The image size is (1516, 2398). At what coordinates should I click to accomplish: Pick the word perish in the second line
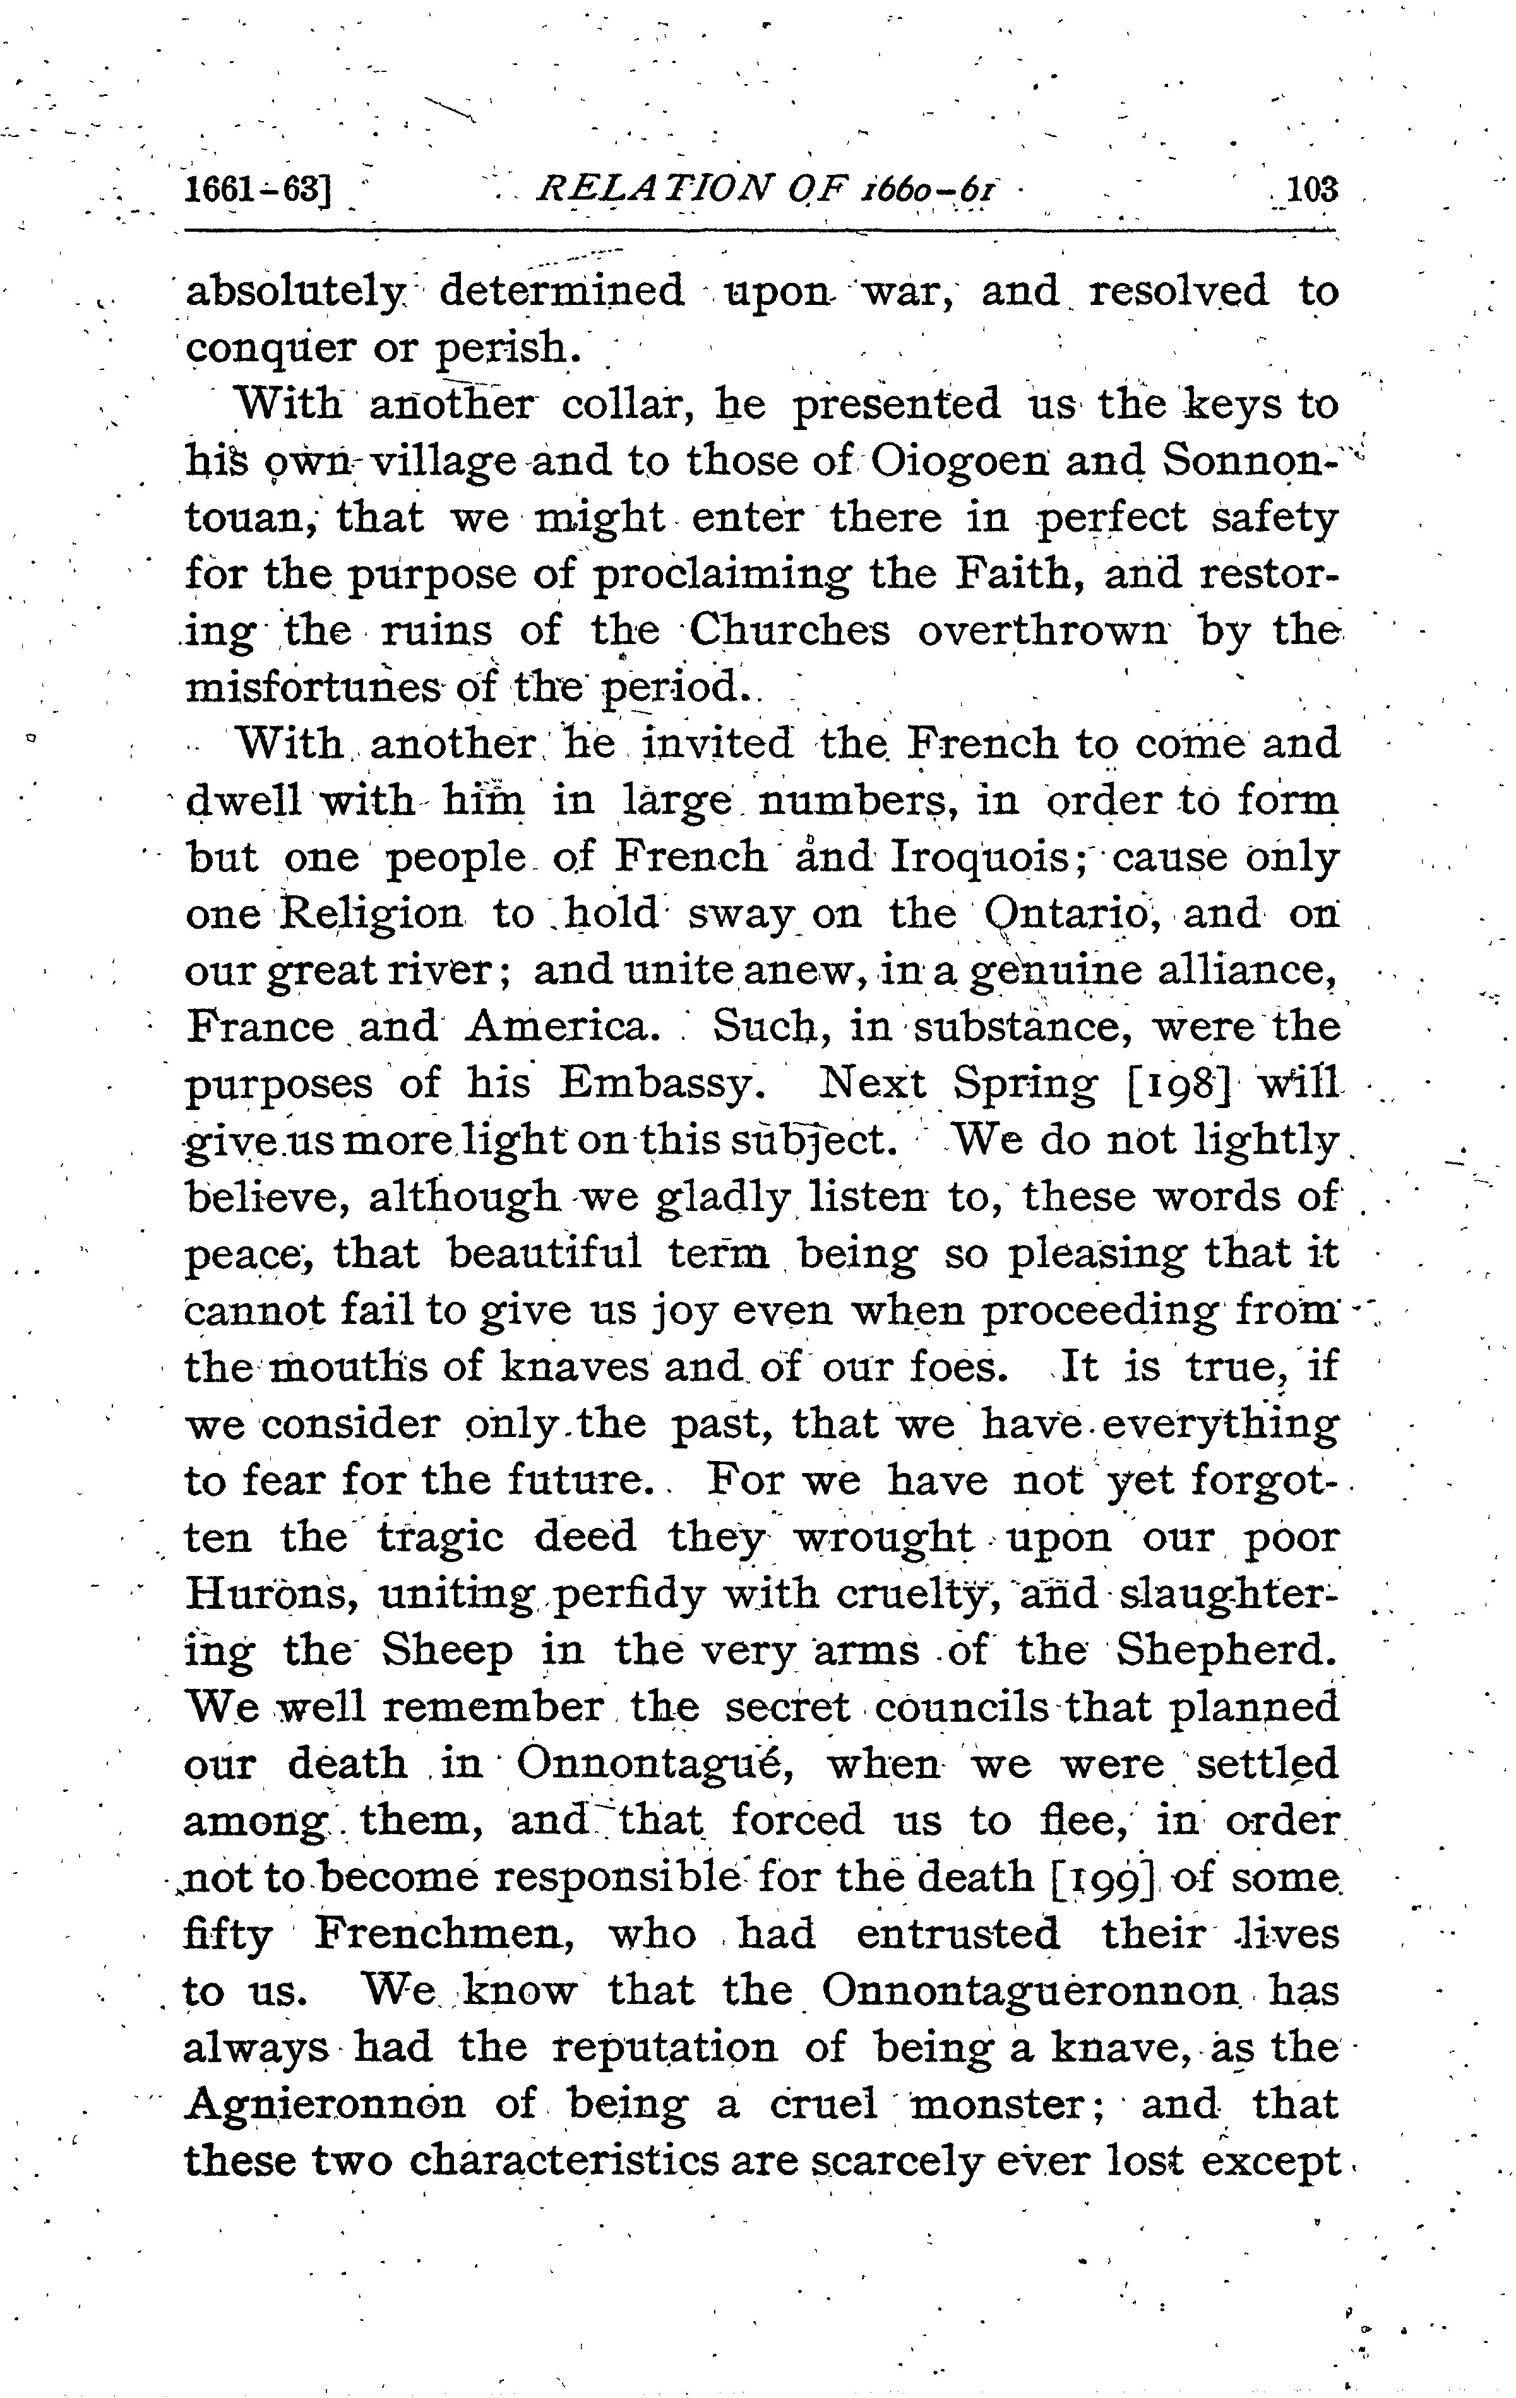coord(508,347)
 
